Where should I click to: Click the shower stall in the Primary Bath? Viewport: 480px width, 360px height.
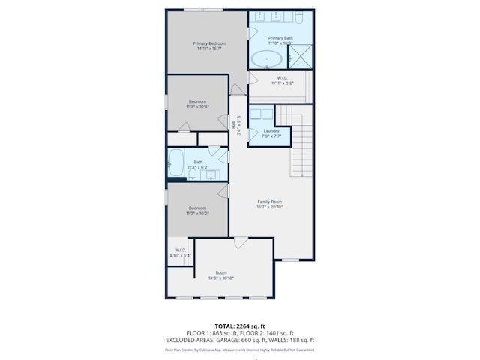point(301,55)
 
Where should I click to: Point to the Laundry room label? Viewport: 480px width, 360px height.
point(271,131)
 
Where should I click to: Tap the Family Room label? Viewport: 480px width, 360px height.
point(270,201)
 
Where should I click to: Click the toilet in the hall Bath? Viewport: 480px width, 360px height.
point(193,175)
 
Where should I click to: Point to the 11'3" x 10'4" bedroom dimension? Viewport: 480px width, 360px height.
point(198,107)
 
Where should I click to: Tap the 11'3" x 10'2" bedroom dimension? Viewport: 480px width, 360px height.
point(198,214)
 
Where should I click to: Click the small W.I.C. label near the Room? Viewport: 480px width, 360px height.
point(181,250)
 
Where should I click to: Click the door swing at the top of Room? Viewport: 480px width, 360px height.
point(240,243)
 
